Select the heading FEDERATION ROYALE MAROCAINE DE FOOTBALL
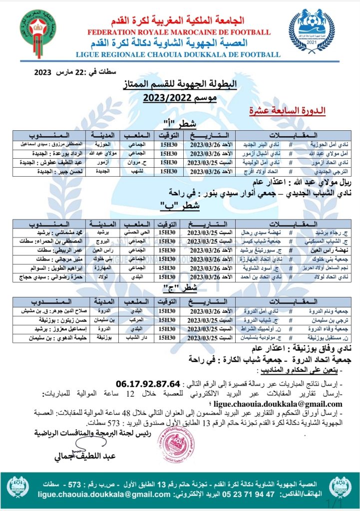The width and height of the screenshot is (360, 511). (172, 32)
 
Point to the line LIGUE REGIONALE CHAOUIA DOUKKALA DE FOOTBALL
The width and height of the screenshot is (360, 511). (172, 53)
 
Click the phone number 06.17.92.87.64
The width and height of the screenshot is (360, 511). (147, 384)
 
